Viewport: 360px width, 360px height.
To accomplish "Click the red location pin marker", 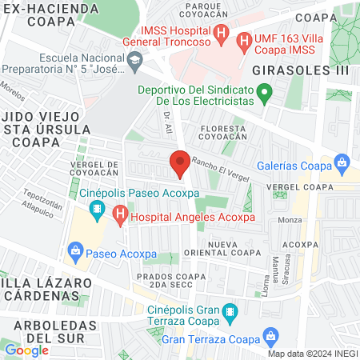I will pyautogui.click(x=180, y=166).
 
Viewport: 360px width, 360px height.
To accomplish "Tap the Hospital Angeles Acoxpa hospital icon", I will pyautogui.click(x=120, y=214).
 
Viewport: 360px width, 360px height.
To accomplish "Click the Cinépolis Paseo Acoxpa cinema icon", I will pyautogui.click(x=97, y=210).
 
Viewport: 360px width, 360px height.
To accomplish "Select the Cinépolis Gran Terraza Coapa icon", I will pyautogui.click(x=230, y=310).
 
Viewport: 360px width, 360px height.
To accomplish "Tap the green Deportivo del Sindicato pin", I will pyautogui.click(x=268, y=95).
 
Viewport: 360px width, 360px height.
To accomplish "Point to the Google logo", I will pyautogui.click(x=26, y=350).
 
